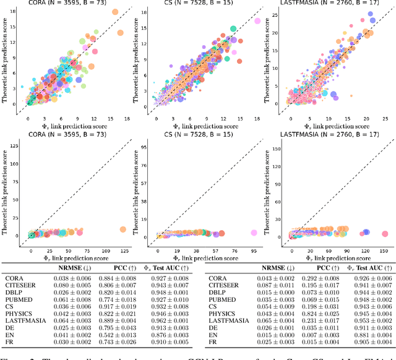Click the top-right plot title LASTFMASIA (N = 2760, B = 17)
(329, 4)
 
